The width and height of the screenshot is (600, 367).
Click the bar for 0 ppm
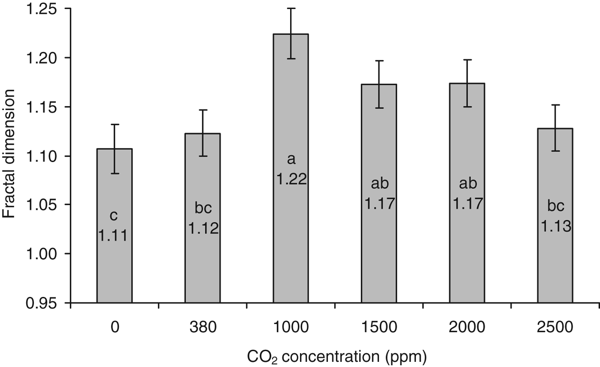114,266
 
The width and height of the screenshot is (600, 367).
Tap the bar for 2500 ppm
555,266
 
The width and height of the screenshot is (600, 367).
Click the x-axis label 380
202,328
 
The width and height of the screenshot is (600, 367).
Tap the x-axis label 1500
379,328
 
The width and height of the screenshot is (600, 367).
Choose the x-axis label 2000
467,328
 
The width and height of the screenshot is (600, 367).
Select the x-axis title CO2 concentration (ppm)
337,356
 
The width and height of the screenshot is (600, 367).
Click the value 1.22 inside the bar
291,179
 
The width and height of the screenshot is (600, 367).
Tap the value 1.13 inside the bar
555,226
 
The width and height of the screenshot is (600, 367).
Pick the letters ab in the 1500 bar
379,184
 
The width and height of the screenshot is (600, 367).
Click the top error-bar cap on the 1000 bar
291,8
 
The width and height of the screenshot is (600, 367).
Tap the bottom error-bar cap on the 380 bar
202,156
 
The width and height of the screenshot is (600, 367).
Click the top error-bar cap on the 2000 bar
467,60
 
